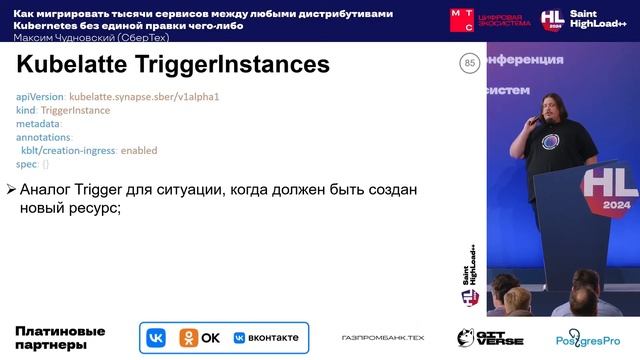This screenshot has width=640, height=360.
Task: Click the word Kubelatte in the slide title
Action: click(x=73, y=65)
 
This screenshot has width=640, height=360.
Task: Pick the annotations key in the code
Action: click(x=44, y=137)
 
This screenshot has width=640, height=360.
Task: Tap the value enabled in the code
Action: click(x=139, y=150)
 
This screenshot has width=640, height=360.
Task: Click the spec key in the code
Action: click(x=26, y=163)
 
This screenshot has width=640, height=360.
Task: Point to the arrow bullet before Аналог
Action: click(x=11, y=190)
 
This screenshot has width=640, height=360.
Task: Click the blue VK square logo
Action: click(x=156, y=338)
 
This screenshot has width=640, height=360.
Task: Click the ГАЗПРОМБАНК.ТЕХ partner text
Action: click(x=382, y=339)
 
